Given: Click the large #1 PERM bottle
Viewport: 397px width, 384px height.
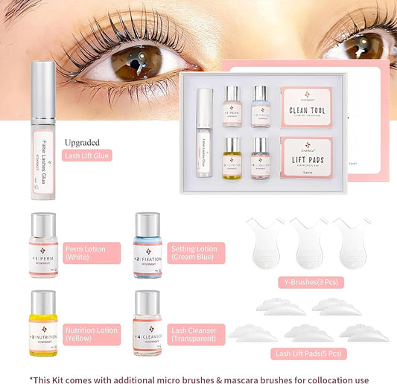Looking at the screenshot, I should click(x=43, y=245).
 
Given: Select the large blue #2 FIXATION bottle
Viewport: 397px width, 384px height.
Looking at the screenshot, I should click(x=147, y=245).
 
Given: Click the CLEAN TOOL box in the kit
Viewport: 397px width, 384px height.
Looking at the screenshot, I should click(x=306, y=106).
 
